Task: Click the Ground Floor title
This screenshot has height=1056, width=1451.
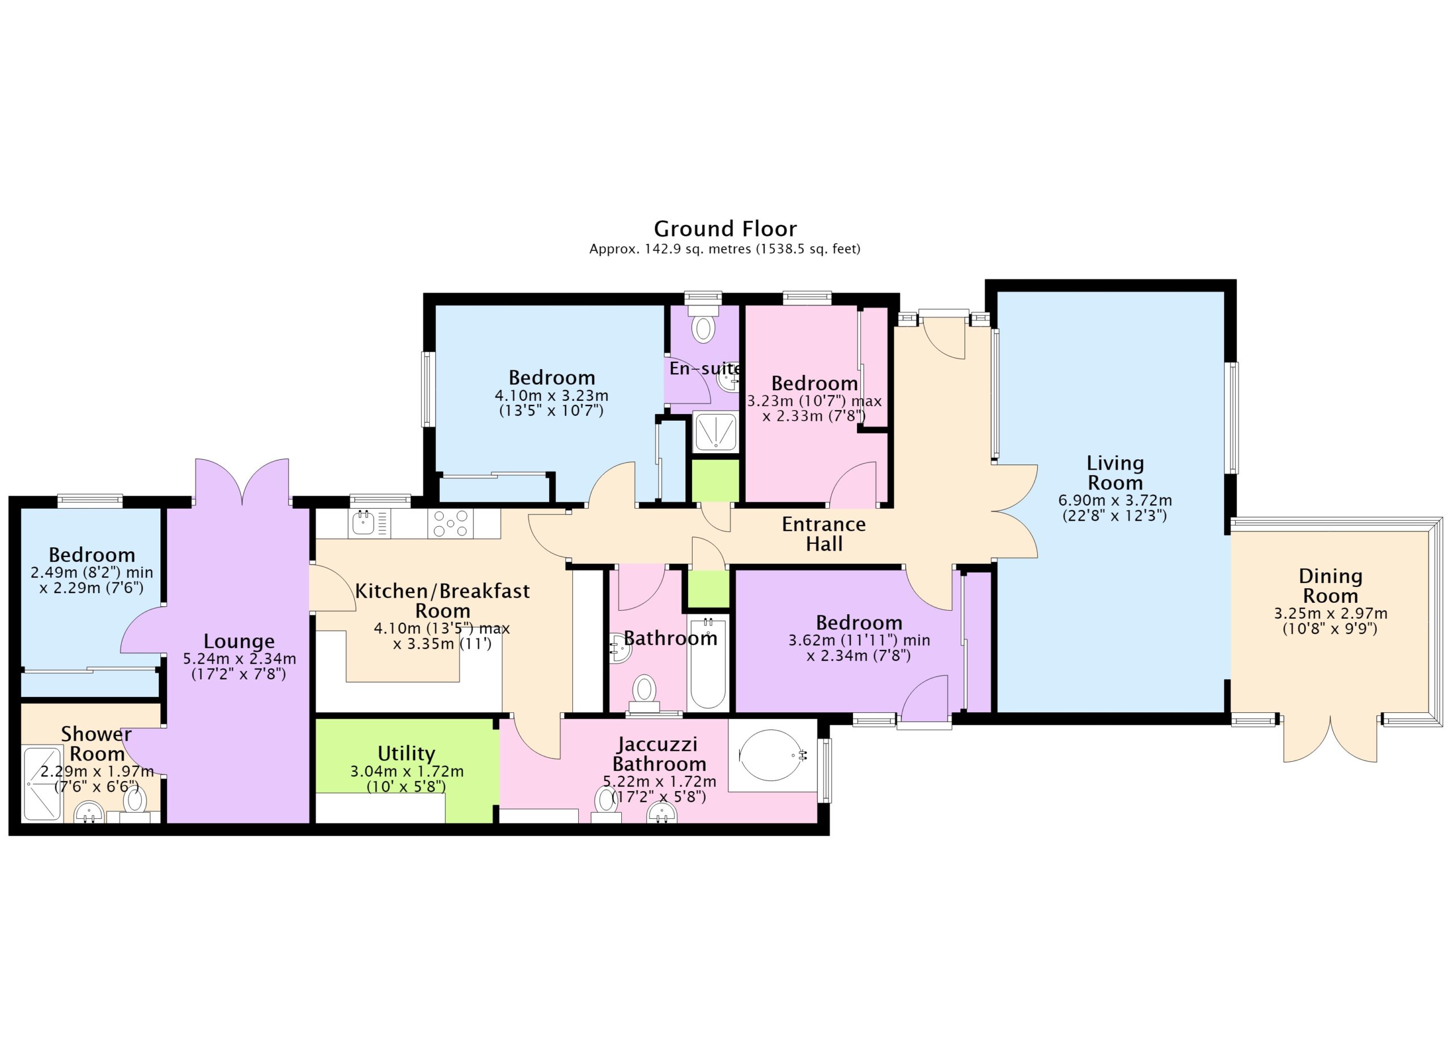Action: [725, 229]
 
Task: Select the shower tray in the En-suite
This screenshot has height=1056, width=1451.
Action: [716, 432]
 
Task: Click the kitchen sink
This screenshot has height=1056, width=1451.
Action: [363, 523]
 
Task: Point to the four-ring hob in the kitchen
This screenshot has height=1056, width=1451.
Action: [451, 523]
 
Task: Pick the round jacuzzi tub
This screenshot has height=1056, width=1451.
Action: [770, 755]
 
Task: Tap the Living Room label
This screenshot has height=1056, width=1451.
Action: [1115, 472]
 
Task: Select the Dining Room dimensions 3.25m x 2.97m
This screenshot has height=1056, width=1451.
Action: [1331, 613]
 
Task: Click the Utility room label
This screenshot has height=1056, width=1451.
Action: [406, 753]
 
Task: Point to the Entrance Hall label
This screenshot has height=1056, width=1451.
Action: [824, 534]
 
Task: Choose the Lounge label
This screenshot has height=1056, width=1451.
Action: [239, 641]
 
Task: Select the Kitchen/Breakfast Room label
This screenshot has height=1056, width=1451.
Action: [443, 601]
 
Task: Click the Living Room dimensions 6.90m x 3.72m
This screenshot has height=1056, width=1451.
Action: [1115, 500]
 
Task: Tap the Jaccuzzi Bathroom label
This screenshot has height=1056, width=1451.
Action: [659, 754]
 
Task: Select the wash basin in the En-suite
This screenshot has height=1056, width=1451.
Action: [728, 380]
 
